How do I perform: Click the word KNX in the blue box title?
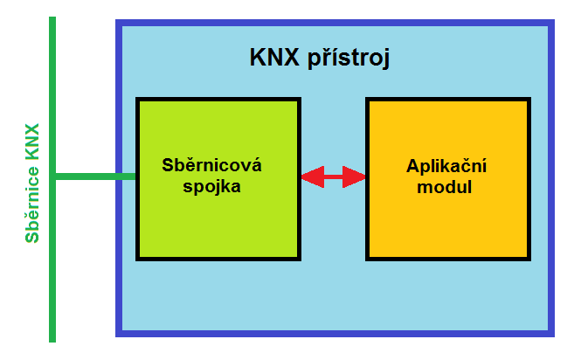pyautogui.click(x=274, y=57)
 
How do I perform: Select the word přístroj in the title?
pyautogui.click(x=349, y=58)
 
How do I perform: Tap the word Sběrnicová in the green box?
pyautogui.click(x=211, y=164)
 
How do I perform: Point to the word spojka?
pyautogui.click(x=211, y=186)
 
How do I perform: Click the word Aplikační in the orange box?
pyautogui.click(x=446, y=166)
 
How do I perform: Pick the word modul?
pyautogui.click(x=445, y=187)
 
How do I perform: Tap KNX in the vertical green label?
pyautogui.click(x=32, y=142)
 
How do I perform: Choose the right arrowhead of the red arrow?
pyautogui.click(x=354, y=177)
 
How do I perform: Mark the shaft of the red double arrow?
pyautogui.click(x=334, y=177)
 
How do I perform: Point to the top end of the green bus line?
pyautogui.click(x=52, y=17)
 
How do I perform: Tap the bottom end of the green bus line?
pyautogui.click(x=52, y=342)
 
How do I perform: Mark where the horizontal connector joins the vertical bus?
pyautogui.click(x=52, y=177)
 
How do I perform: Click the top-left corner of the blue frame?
pyautogui.click(x=116, y=20)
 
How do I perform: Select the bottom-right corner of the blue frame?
pyautogui.click(x=554, y=336)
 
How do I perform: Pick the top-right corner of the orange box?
pyautogui.click(x=530, y=98)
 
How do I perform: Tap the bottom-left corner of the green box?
pyautogui.click(x=136, y=260)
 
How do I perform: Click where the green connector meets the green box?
pyautogui.click(x=136, y=177)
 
